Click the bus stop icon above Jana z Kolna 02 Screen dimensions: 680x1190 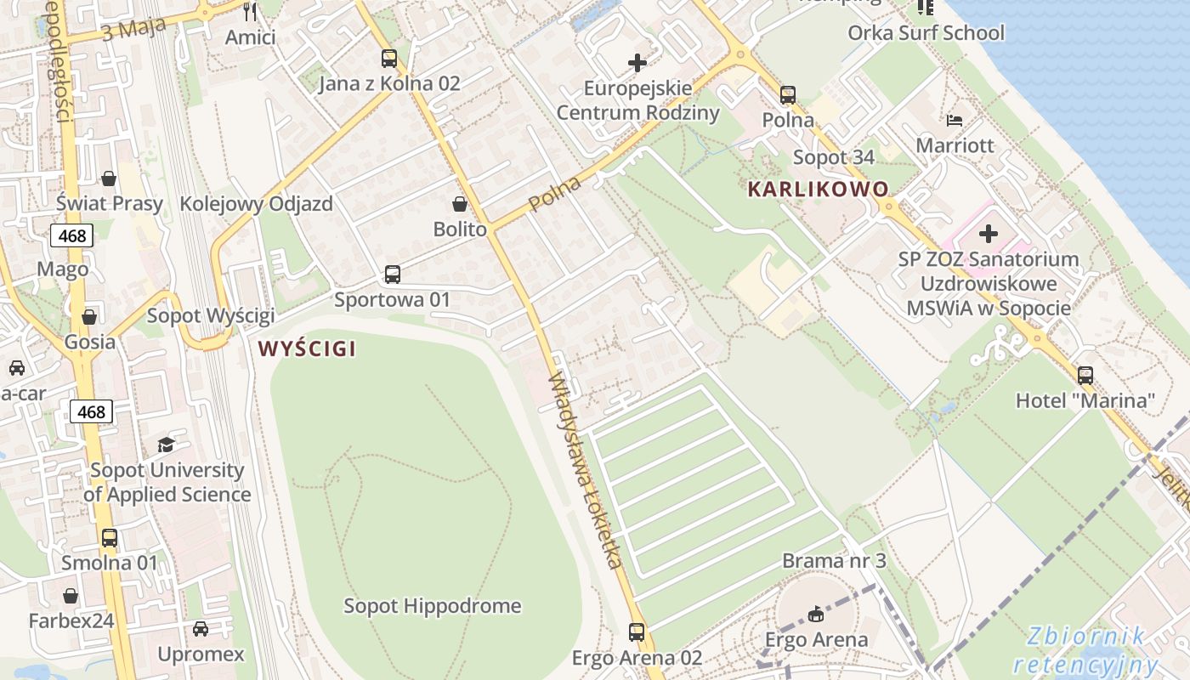(x=389, y=59)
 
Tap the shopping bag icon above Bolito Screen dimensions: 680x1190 (x=460, y=204)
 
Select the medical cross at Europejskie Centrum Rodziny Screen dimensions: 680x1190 (x=637, y=63)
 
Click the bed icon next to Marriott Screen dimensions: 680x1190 (x=955, y=120)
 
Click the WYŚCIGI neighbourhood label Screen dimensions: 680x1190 (x=307, y=348)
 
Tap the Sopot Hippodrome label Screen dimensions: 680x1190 (x=432, y=606)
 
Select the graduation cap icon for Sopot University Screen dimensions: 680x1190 (x=166, y=445)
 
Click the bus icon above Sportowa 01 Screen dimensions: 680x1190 (x=392, y=275)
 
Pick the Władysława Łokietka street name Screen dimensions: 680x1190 (x=586, y=471)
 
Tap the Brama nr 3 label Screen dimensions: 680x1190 (x=834, y=561)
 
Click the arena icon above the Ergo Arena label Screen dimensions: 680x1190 (x=816, y=614)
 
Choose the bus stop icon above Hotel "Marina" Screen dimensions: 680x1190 (x=1085, y=375)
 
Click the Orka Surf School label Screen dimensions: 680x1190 (x=926, y=33)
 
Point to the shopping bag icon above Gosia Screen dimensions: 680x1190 (x=89, y=317)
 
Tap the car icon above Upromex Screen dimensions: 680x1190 (x=201, y=629)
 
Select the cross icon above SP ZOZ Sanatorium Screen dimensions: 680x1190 (x=989, y=233)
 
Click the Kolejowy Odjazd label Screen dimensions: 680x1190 (x=256, y=205)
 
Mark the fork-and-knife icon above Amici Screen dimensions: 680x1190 (x=250, y=12)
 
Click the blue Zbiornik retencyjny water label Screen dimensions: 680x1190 (x=1085, y=650)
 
